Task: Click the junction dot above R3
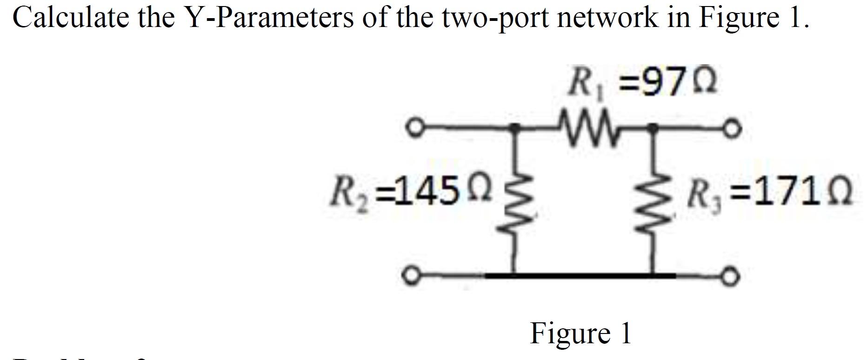653,127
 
